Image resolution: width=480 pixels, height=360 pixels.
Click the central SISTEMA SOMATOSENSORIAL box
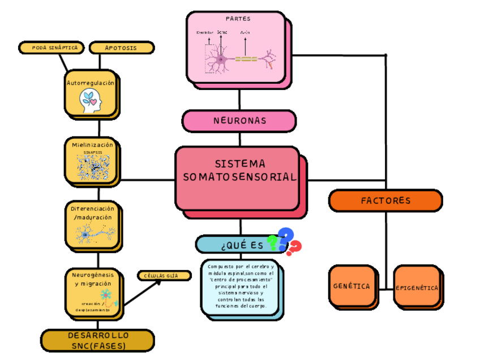[238, 177]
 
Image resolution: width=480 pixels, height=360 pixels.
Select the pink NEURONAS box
[239, 121]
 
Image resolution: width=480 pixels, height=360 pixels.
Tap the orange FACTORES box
[385, 200]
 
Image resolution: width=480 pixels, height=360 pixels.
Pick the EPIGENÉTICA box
[417, 287]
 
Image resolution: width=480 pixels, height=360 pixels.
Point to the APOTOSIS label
[121, 48]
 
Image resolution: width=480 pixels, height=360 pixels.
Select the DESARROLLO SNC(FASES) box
[97, 340]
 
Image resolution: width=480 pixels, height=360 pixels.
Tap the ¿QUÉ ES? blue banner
[232, 245]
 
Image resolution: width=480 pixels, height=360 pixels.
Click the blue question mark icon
[286, 237]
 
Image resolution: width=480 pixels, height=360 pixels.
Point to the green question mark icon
[273, 243]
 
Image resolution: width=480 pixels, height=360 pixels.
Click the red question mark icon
[294, 248]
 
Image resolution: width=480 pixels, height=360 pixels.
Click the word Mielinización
[92, 145]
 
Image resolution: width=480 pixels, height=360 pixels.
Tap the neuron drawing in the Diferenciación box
[92, 233]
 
